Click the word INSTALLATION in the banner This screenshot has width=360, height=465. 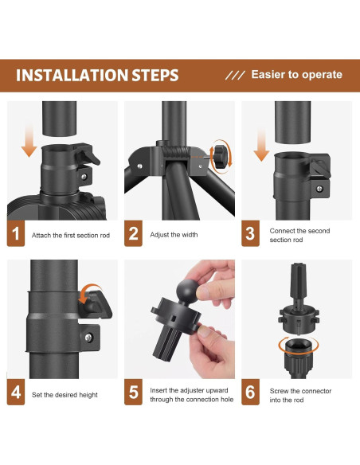[x=72, y=76]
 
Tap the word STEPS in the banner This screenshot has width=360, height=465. [x=155, y=76]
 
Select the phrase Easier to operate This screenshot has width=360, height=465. [x=297, y=75]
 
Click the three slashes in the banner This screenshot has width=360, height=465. [x=235, y=76]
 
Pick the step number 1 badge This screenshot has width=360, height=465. [x=16, y=233]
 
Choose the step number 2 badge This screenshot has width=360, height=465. [x=133, y=233]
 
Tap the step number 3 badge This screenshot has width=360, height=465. [x=250, y=233]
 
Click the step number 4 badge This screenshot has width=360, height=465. [x=16, y=392]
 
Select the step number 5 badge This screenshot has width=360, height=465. [x=133, y=392]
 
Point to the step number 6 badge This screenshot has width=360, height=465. [x=250, y=392]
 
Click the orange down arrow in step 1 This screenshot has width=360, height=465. [x=29, y=141]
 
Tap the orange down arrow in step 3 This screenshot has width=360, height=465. [x=261, y=145]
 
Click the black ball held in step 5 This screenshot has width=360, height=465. [x=187, y=290]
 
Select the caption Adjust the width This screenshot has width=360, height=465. [x=174, y=235]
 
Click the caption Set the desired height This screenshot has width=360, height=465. [x=65, y=395]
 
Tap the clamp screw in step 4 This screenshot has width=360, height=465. [x=88, y=338]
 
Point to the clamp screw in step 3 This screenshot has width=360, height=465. [x=319, y=188]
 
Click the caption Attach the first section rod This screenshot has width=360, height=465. [x=71, y=236]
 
